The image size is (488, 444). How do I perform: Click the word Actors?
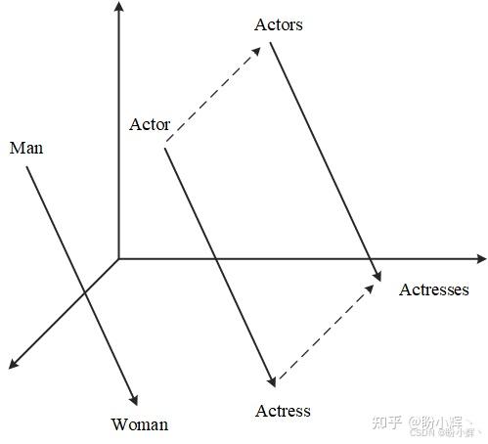tap(279, 24)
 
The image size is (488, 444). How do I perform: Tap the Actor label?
tap(150, 124)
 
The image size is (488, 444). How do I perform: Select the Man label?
tap(26, 148)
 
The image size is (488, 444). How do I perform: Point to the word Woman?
tap(140, 424)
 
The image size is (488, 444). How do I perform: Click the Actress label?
tap(283, 411)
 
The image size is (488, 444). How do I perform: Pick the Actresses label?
tap(434, 289)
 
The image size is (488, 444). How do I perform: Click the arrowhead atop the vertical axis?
tap(118, 6)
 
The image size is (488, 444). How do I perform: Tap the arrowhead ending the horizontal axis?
tap(481, 259)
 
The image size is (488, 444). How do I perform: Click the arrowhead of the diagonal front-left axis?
tap(13, 365)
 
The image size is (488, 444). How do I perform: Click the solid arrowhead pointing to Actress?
tap(272, 381)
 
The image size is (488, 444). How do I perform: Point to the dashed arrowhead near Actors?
tap(256, 51)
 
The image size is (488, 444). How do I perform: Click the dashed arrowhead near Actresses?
tap(370, 289)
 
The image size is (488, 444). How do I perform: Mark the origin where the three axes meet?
tap(118, 259)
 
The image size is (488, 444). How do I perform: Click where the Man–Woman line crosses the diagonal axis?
tap(85, 292)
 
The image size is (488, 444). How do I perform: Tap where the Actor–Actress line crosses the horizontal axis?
tap(216, 259)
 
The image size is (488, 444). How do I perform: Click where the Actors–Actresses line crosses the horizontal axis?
tap(370, 259)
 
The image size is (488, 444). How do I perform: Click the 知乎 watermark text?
tap(386, 422)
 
